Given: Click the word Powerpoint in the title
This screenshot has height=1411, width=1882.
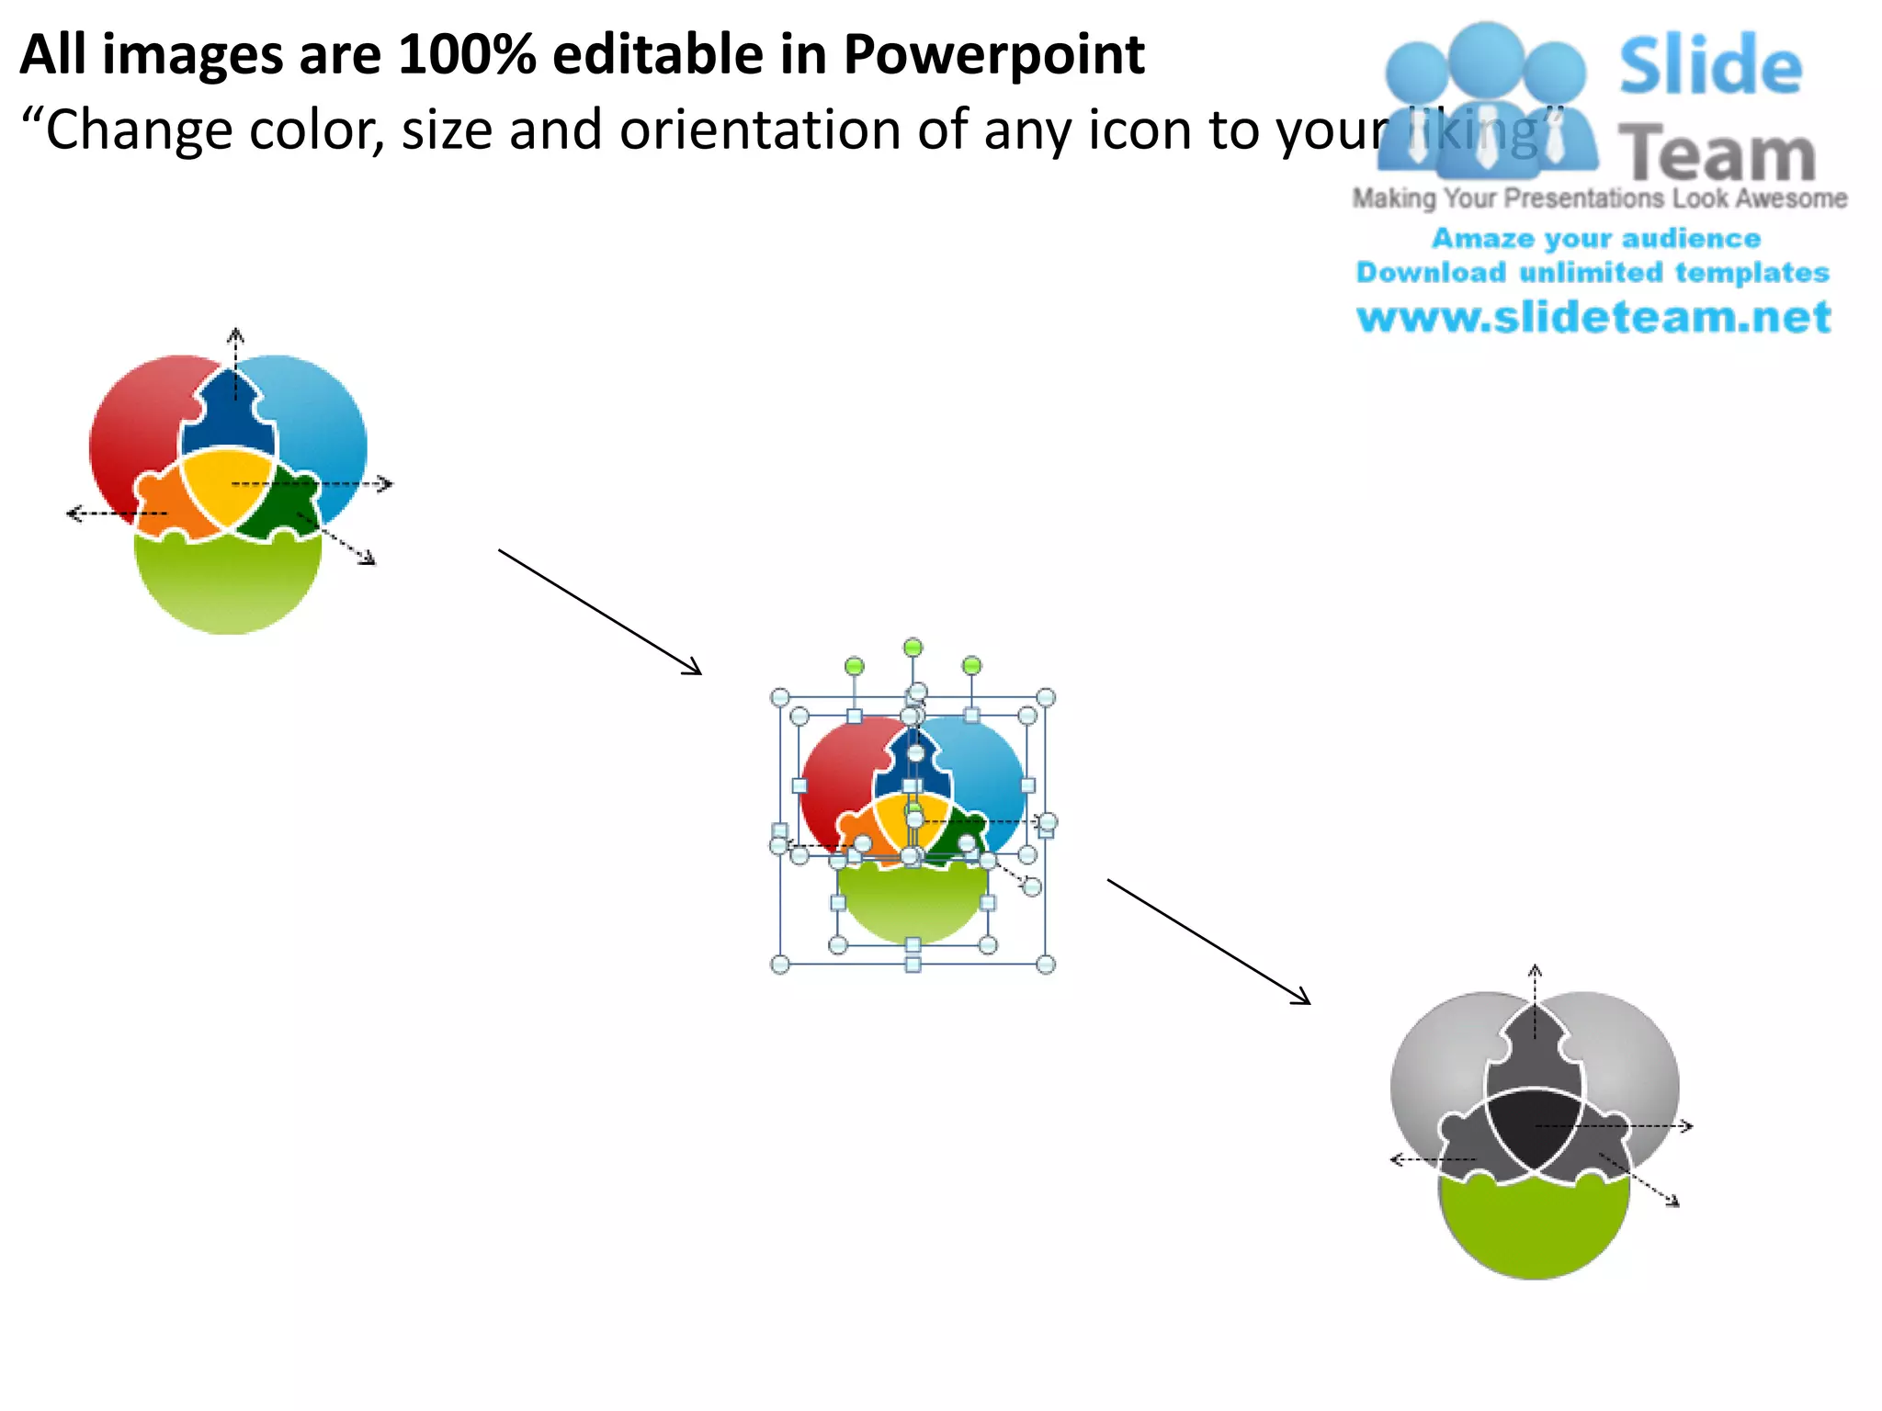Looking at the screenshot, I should [993, 55].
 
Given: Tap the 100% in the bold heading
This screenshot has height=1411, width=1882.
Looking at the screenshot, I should [467, 55].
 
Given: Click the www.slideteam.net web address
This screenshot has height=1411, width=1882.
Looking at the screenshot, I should [1593, 317].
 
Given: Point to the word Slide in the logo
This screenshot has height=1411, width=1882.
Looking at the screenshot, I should [1710, 65].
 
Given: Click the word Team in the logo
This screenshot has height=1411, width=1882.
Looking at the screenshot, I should [1716, 154].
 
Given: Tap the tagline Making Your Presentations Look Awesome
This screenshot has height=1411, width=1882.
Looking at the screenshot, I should [1599, 198].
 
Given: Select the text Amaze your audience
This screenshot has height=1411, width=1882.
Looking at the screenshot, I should [1596, 239].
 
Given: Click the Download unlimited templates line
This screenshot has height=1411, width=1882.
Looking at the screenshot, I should [1593, 273].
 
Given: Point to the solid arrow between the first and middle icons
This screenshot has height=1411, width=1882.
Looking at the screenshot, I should [600, 612].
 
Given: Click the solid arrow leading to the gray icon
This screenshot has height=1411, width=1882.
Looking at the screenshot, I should [1208, 942].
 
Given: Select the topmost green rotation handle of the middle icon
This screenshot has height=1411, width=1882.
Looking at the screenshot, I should [913, 648].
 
